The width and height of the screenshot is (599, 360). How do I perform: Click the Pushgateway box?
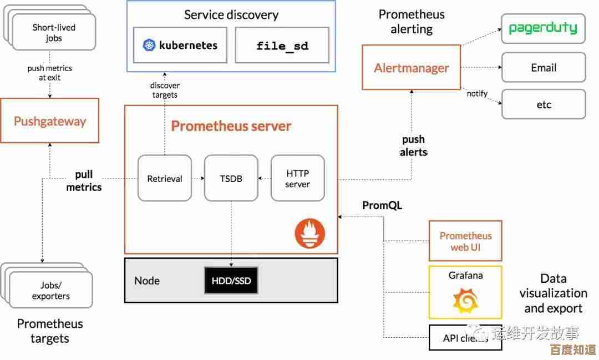50,121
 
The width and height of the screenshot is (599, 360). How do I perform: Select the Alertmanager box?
411,68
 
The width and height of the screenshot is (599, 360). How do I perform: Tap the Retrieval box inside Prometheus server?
165,178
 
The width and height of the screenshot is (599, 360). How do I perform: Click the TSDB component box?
231,178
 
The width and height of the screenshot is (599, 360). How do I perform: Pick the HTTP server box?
297,178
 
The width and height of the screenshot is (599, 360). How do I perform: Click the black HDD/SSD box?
231,281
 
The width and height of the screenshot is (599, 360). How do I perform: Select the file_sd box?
282,45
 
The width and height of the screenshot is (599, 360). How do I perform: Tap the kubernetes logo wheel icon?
149,45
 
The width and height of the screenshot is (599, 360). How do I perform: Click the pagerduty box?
543,28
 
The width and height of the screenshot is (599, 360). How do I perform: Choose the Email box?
543,68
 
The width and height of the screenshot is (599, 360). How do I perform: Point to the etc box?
543,104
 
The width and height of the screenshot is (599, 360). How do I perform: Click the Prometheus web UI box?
465,241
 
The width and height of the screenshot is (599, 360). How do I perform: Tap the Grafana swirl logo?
465,301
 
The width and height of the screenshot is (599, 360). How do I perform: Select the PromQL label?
382,206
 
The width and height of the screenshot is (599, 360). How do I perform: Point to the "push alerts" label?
413,146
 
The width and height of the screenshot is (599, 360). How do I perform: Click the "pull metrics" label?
84,181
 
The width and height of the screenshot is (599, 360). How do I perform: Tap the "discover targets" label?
165,90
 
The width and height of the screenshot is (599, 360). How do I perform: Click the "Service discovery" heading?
231,15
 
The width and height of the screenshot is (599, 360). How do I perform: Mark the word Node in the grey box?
147,281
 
